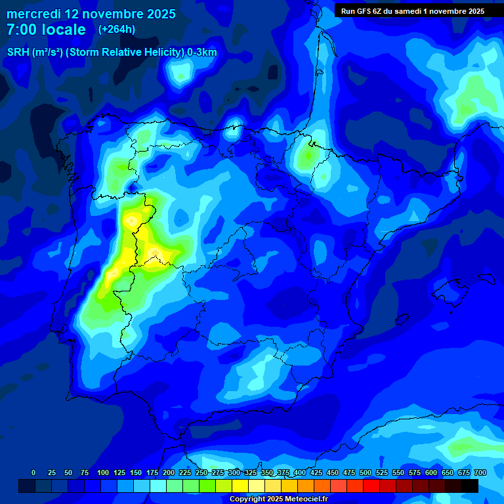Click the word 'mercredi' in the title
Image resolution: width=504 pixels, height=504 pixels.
(x=33, y=14)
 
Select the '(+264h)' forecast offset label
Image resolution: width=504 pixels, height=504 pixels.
(x=117, y=30)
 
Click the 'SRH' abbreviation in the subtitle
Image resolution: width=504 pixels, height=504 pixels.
(x=18, y=52)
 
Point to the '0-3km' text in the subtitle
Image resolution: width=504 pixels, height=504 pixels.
(x=202, y=52)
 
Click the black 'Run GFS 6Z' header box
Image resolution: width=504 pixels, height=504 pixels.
(x=412, y=10)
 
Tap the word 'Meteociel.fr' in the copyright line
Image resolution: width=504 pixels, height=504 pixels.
(x=304, y=499)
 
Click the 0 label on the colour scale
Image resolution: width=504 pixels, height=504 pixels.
(x=33, y=472)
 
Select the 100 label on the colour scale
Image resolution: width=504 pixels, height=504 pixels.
(x=103, y=472)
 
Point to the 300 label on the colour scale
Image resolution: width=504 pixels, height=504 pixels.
(x=234, y=472)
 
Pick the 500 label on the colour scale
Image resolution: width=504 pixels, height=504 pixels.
(x=366, y=472)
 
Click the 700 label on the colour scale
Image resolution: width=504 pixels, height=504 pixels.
(x=480, y=472)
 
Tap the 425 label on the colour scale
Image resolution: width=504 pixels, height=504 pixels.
(x=316, y=472)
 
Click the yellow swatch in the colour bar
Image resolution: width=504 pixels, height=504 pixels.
(x=240, y=486)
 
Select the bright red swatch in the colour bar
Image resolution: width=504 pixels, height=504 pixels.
(x=371, y=486)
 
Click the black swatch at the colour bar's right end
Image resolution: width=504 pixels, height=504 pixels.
(x=470, y=486)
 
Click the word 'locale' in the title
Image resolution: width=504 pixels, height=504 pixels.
(x=64, y=30)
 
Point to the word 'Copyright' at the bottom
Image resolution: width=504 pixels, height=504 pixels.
(x=247, y=499)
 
